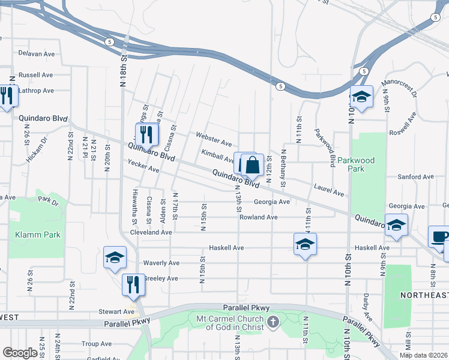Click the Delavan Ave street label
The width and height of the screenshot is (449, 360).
tap(36, 54)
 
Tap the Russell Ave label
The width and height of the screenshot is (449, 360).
tap(36, 76)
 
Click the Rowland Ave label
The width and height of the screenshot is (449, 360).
tap(258, 217)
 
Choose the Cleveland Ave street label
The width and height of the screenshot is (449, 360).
tap(151, 232)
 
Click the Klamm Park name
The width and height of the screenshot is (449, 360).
tap(38, 235)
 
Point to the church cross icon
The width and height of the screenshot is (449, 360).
tap(273, 322)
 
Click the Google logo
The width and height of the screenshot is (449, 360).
tap(20, 353)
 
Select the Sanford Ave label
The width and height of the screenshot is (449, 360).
tap(416, 177)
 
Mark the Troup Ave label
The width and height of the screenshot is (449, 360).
tap(97, 344)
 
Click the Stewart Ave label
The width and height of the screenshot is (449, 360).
tap(116, 312)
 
